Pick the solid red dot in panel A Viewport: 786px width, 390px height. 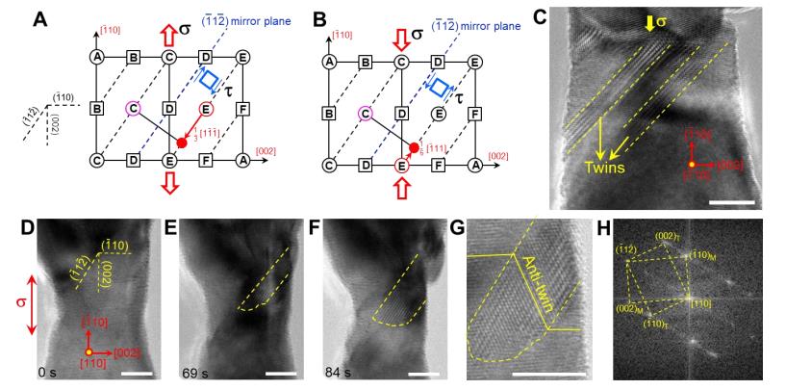pyautogui.click(x=182, y=143)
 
